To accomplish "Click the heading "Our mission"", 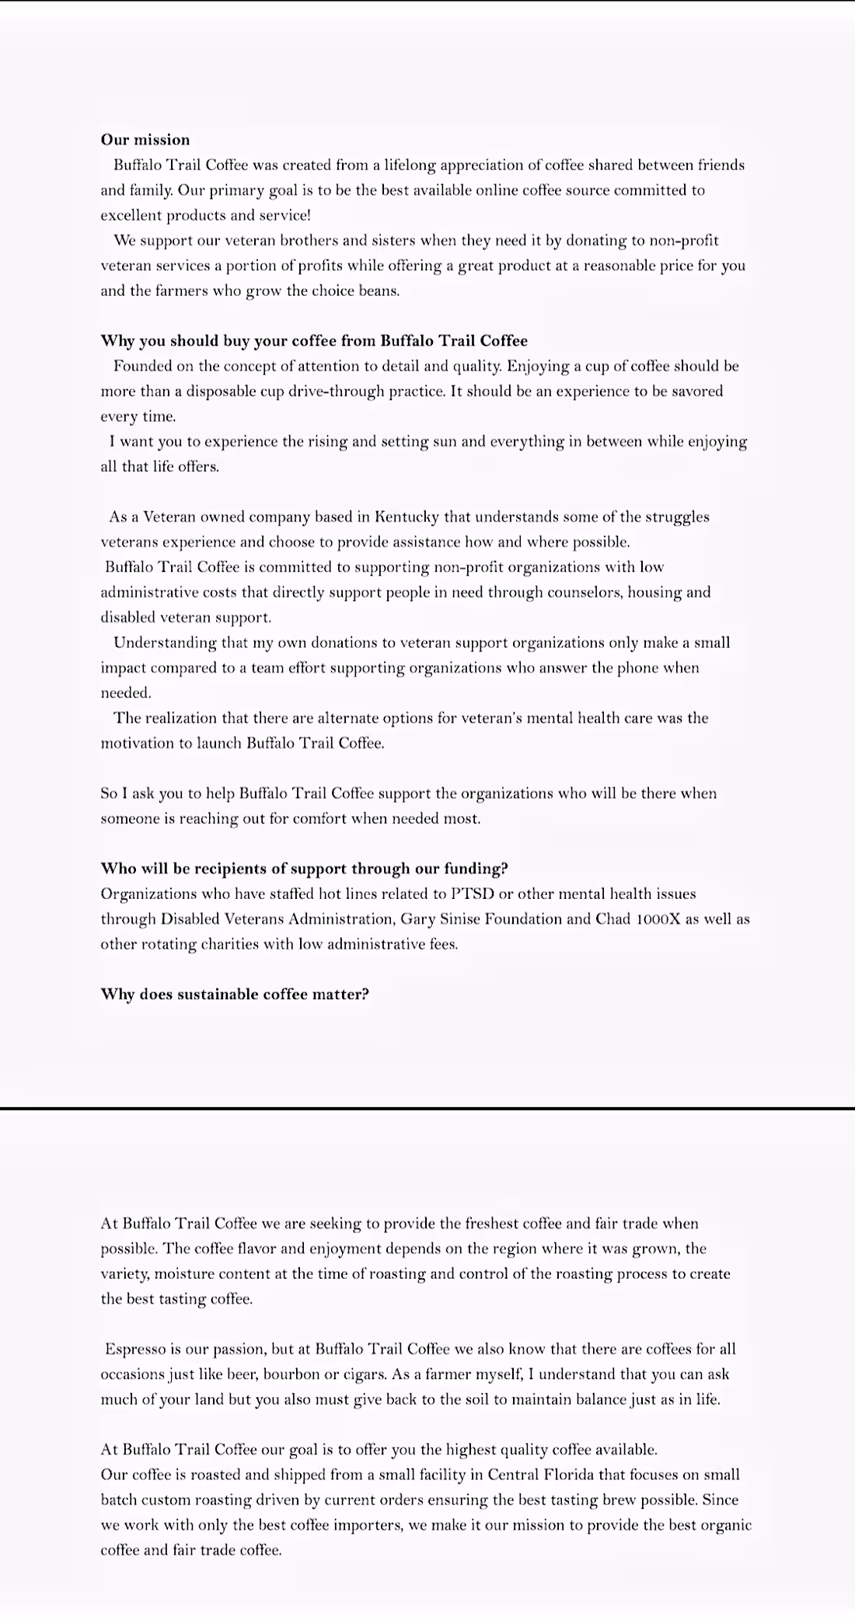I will pyautogui.click(x=145, y=140).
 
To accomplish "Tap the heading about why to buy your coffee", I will pyautogui.click(x=314, y=341).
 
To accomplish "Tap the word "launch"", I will pyautogui.click(x=218, y=743).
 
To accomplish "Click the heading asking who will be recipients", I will pyautogui.click(x=304, y=869).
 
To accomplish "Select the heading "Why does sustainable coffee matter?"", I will pyautogui.click(x=235, y=995).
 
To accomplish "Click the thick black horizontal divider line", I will pyautogui.click(x=427, y=1107).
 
